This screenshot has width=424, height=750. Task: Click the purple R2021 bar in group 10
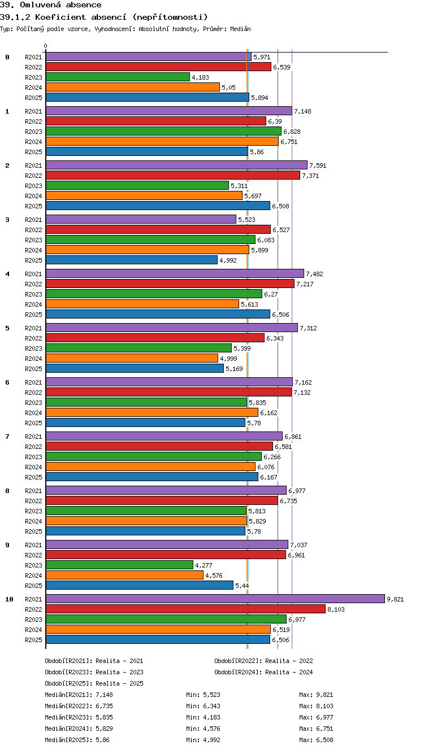coord(215,599)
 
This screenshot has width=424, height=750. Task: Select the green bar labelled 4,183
coord(118,77)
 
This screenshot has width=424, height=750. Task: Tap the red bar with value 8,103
coord(185,609)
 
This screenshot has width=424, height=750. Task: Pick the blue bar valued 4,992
coord(132,260)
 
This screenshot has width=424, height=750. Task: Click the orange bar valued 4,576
coord(125,575)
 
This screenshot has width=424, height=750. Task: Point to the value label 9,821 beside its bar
coord(395,599)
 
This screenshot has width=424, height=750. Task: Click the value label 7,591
coord(318,165)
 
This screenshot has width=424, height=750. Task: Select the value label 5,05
coord(228,88)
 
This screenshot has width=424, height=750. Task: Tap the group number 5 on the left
coord(7,328)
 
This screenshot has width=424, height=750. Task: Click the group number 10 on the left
coord(9,599)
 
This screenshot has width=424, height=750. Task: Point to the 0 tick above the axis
coord(46,46)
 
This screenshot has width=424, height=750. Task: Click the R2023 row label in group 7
coord(33,457)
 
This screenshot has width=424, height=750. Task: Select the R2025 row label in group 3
coord(33,260)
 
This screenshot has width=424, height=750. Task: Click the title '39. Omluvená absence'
coord(51,5)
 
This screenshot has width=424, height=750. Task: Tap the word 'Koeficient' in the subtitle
coord(60,17)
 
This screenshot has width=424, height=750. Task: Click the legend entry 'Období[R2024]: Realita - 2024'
coord(263,672)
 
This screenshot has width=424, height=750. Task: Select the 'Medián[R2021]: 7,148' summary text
coord(79,695)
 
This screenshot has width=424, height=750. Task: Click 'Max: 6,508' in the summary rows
coord(316,740)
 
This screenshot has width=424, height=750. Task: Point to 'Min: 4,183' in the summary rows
coord(203,717)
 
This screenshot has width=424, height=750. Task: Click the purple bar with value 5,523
coord(141,219)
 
